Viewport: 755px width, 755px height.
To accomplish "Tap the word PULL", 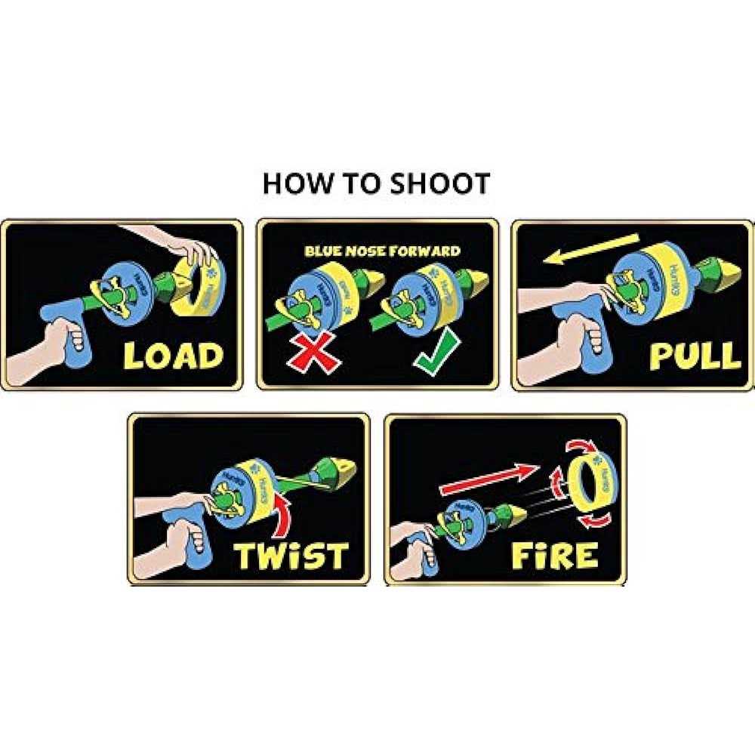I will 695,355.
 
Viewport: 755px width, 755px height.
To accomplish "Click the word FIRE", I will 555,555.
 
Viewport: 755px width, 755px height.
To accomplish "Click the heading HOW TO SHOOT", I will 376,183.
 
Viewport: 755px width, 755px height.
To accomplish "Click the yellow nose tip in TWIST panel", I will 340,472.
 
